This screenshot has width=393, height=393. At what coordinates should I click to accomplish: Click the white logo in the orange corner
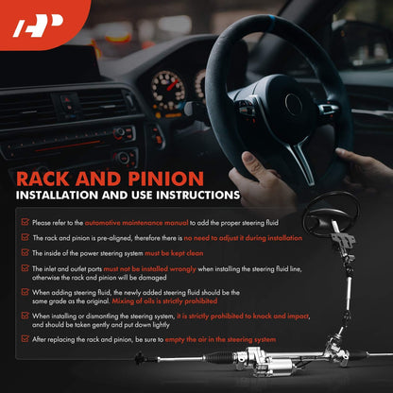(x=39, y=26)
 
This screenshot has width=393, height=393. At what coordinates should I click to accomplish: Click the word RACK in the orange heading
(x=43, y=179)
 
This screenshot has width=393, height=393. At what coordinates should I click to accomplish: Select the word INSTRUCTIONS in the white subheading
(x=198, y=196)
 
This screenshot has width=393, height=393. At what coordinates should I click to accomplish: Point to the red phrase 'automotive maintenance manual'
(x=136, y=223)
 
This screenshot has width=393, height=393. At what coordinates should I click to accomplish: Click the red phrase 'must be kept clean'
(x=174, y=253)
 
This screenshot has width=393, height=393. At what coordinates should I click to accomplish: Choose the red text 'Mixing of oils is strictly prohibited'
(x=164, y=301)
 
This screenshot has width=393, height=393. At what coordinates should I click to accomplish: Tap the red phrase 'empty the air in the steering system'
(x=220, y=340)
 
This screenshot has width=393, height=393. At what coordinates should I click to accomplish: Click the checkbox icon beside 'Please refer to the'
(x=26, y=222)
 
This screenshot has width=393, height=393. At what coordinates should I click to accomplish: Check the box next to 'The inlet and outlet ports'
(x=26, y=268)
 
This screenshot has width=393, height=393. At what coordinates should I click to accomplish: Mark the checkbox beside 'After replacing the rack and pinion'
(x=26, y=339)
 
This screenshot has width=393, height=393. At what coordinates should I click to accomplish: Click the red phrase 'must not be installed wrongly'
(x=150, y=269)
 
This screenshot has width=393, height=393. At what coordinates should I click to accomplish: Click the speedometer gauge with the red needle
(x=168, y=90)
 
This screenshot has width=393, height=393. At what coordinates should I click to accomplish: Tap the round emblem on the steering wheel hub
(x=293, y=104)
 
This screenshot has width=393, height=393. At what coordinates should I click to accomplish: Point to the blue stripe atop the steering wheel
(x=270, y=21)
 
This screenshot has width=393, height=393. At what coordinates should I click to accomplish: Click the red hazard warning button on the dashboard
(x=67, y=100)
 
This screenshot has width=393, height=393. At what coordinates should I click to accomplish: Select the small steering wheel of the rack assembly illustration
(x=332, y=214)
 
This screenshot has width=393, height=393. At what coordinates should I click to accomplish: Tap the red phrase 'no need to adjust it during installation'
(x=243, y=238)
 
